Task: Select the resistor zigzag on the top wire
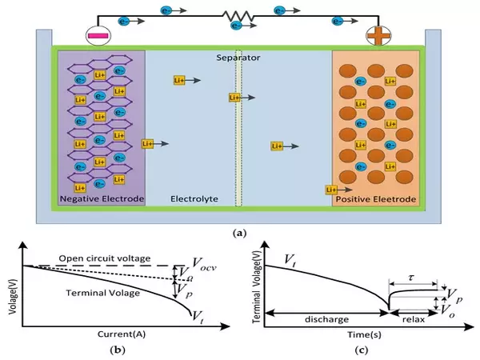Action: click(x=237, y=15)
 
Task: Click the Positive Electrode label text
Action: click(x=375, y=198)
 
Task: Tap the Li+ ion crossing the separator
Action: click(x=234, y=98)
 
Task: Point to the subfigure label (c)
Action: click(x=361, y=350)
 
